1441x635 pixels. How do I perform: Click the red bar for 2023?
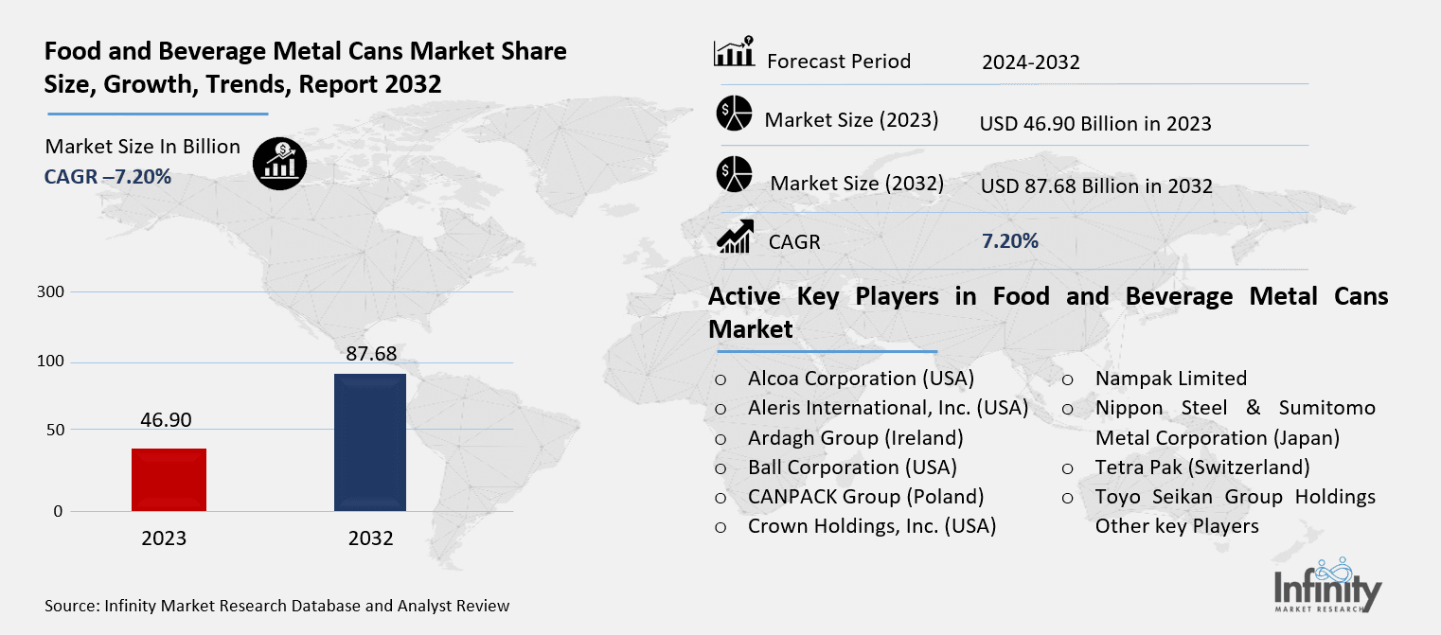169,480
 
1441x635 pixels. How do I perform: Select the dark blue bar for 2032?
370,442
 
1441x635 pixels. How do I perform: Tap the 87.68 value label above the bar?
370,354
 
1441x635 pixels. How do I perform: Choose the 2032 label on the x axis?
370,538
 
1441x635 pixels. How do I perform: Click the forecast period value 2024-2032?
1030,62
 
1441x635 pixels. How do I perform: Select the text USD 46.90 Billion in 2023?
1095,123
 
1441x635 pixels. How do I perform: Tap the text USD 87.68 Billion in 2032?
1096,185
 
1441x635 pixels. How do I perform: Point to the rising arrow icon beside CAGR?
735,237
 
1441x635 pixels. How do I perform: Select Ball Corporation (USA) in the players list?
852,467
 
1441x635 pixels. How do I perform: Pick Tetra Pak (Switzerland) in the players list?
1202,467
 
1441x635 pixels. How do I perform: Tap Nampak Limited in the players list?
1170,379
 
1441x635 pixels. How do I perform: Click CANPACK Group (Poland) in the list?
865,497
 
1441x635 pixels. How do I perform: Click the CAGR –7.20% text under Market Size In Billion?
108,176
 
